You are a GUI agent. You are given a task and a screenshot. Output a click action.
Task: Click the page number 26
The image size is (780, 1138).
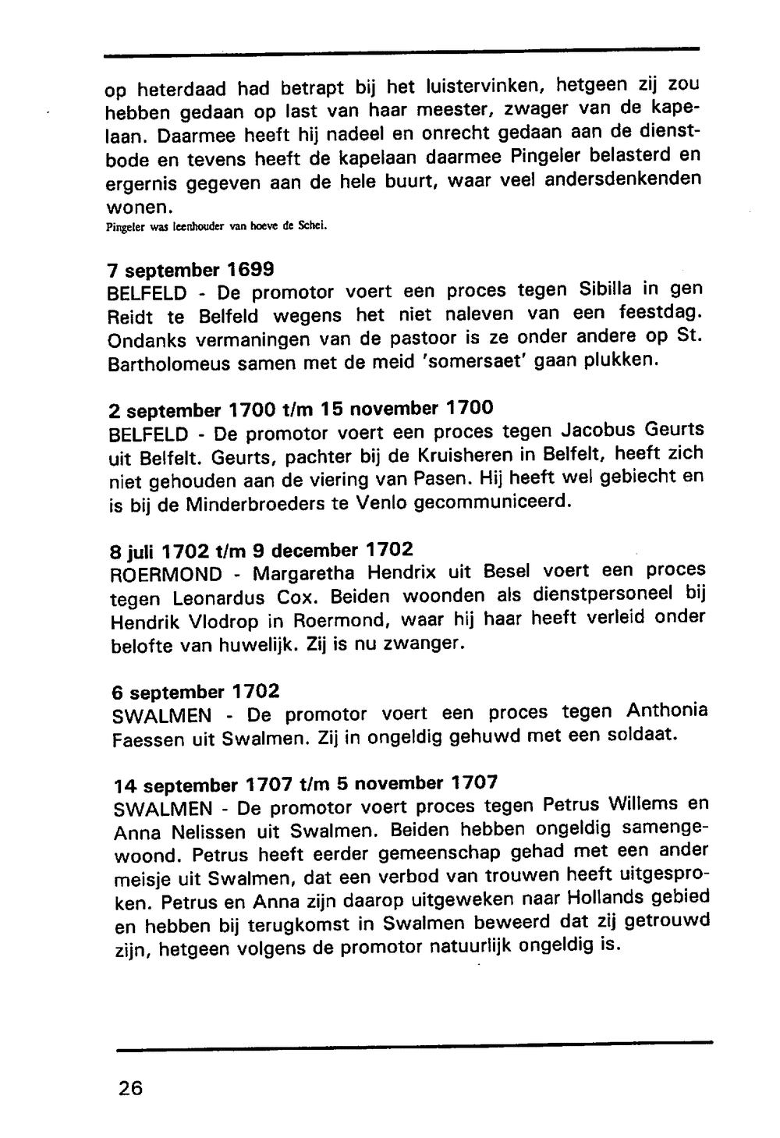pyautogui.click(x=130, y=1087)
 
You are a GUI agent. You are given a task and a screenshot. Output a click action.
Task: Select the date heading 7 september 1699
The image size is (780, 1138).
pyautogui.click(x=190, y=271)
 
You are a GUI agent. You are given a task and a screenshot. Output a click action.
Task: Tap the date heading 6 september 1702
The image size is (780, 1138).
pyautogui.click(x=197, y=692)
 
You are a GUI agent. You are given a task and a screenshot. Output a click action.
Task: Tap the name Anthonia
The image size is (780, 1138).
pyautogui.click(x=667, y=711)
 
